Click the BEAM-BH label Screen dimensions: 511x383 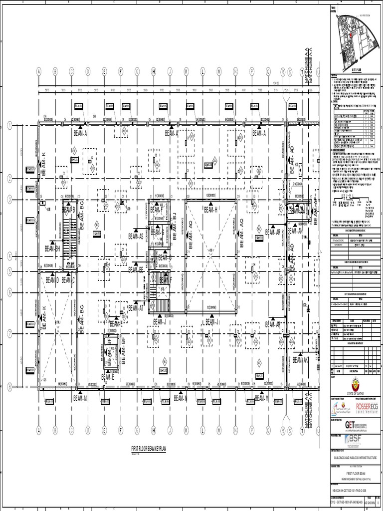click(52, 248)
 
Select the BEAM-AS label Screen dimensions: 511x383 click(135, 236)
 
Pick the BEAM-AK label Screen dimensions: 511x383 click(301, 360)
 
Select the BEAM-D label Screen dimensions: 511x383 click(52, 280)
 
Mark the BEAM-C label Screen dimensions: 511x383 click(68, 280)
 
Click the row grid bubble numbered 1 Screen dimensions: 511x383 click(9, 126)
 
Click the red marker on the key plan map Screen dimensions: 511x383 click(351, 36)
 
